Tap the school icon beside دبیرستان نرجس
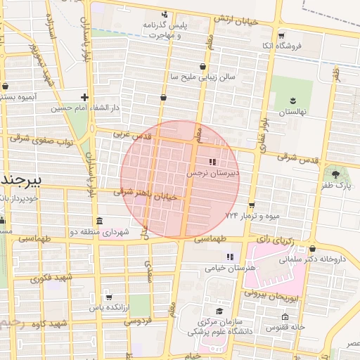(213, 162)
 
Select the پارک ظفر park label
(336, 186)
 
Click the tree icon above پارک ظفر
(336, 174)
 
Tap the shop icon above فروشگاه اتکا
(281, 35)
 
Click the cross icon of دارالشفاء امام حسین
(84, 98)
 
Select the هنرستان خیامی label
(230, 268)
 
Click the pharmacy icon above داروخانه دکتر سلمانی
(312, 248)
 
